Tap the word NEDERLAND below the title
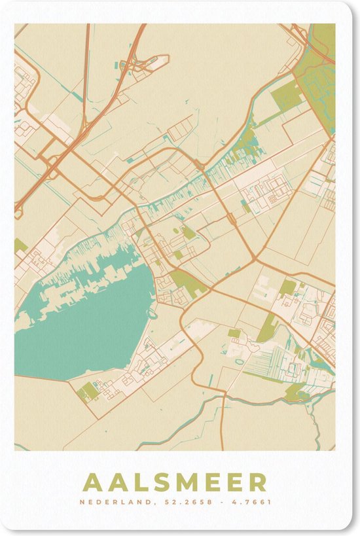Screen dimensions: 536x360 (x=113, y=503)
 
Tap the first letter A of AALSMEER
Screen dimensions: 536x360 (x=93, y=483)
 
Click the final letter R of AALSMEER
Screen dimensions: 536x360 (x=259, y=483)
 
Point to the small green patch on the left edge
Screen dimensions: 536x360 (x=20, y=246)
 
